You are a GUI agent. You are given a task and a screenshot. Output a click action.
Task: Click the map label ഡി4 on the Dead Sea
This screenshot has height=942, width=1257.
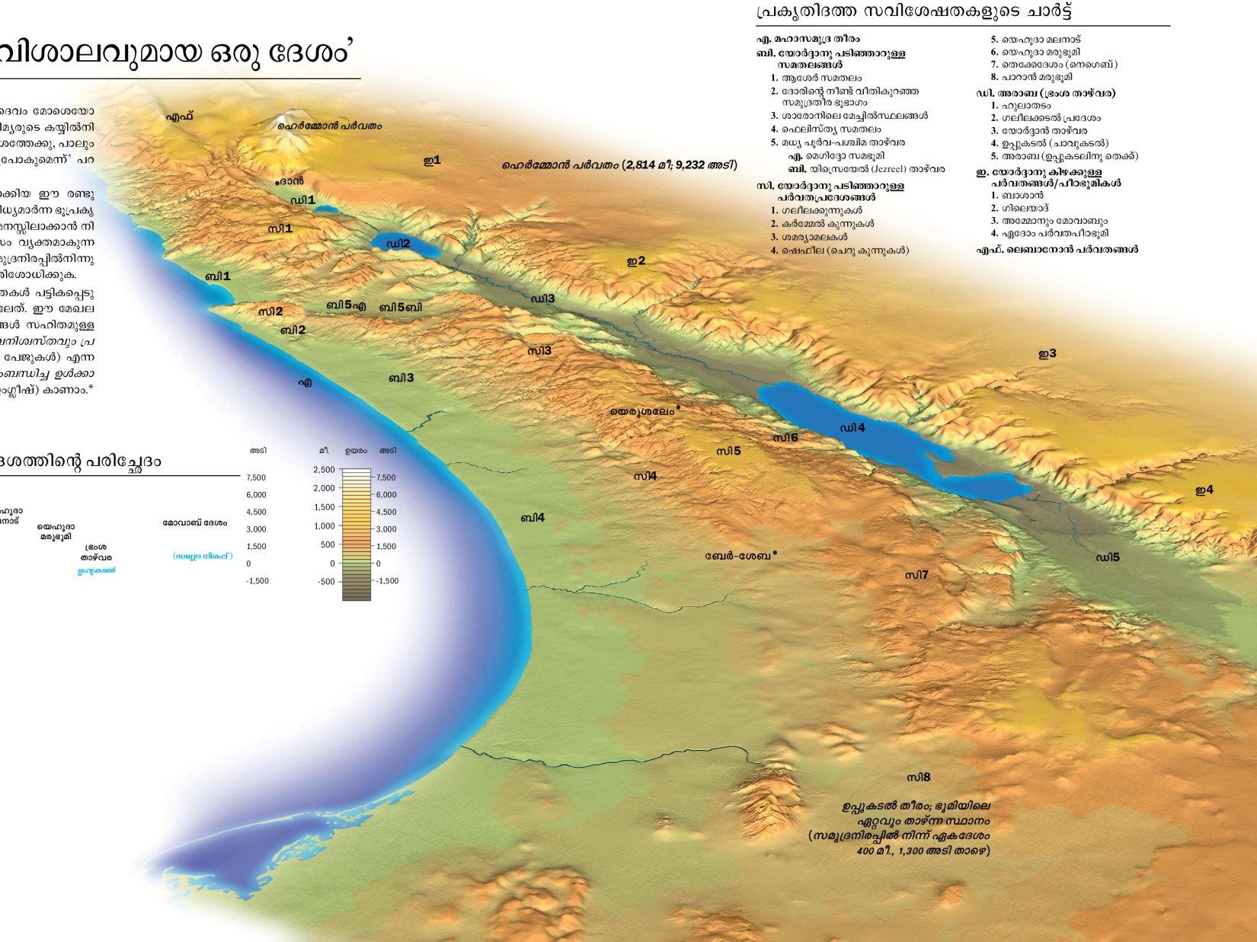click(852, 428)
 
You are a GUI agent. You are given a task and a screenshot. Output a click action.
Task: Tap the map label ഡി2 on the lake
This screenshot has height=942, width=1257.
click(398, 244)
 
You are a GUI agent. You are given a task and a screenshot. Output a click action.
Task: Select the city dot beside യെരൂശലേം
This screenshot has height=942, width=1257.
click(678, 407)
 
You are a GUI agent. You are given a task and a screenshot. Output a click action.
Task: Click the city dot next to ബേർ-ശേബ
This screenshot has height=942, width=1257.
click(775, 553)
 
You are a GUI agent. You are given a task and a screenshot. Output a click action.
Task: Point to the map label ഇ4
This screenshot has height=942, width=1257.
click(1204, 490)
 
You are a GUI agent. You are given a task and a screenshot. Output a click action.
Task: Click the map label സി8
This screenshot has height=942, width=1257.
click(918, 778)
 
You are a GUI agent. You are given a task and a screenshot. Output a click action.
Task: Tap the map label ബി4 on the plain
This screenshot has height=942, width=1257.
click(532, 518)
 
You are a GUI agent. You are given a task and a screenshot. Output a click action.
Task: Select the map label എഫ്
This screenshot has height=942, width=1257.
click(180, 117)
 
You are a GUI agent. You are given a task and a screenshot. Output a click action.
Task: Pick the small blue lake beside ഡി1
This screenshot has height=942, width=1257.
click(326, 208)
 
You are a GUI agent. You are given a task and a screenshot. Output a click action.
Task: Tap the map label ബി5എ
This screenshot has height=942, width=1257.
click(346, 305)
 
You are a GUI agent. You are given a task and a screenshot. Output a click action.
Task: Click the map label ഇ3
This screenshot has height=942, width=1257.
click(1047, 353)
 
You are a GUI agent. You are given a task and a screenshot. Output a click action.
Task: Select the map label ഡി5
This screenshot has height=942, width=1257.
click(1107, 557)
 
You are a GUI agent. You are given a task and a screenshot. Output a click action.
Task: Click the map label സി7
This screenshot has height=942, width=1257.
click(916, 575)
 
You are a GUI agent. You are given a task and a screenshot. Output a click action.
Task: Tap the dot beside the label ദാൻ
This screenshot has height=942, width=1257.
click(277, 184)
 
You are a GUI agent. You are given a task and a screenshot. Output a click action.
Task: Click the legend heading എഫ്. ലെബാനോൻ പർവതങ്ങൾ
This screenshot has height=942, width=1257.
click(1057, 250)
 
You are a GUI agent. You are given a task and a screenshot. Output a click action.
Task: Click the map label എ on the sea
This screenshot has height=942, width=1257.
click(305, 382)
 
